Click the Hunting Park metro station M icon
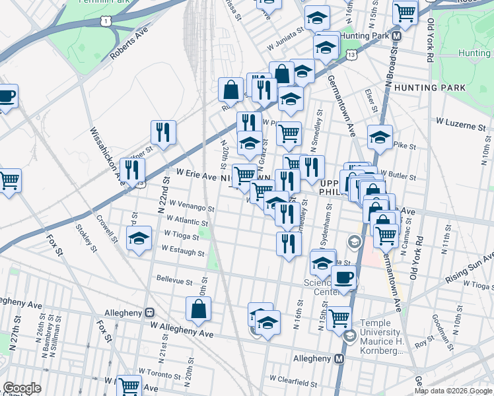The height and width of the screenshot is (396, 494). (397, 36)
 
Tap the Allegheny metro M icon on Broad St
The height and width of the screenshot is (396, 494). (339, 358)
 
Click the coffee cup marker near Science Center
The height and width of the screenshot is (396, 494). (343, 277)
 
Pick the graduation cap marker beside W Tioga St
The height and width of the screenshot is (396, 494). (139, 238)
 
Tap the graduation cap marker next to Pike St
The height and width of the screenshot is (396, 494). (380, 137)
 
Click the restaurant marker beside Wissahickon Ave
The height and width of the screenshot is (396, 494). (133, 170)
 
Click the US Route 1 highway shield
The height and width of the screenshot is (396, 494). (106, 22)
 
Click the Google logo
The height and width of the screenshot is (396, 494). (22, 388)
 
